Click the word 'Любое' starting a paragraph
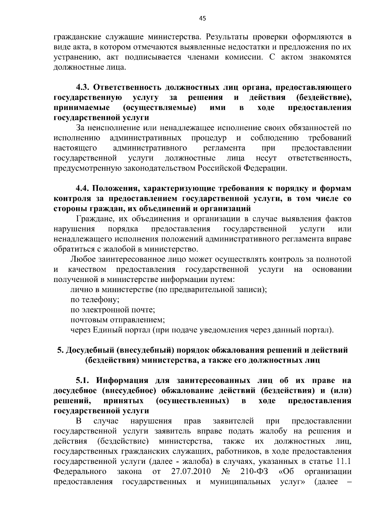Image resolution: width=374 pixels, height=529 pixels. tap(83, 259)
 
